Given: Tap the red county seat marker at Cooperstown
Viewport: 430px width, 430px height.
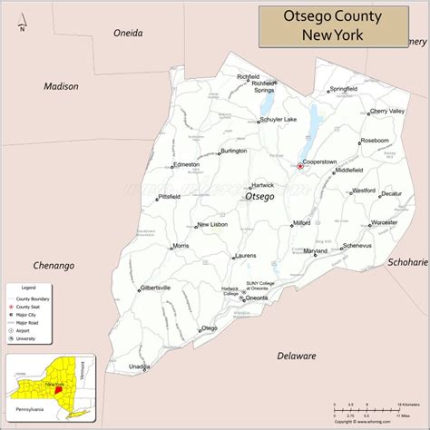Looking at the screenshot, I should [300, 166].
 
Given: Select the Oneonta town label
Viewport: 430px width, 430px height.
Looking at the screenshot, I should [257, 298].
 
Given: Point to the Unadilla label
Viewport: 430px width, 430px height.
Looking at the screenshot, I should [139, 392].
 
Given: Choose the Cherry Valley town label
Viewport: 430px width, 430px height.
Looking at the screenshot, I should [386, 111].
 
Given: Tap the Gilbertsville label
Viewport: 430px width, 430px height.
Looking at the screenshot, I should [155, 288].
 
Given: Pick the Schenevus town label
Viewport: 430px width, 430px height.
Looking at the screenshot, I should [357, 246].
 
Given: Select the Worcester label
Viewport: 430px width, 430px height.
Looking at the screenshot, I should [384, 221].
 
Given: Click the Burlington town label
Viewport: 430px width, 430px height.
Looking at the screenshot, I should [233, 151].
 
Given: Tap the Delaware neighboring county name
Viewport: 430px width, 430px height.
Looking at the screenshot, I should [297, 356].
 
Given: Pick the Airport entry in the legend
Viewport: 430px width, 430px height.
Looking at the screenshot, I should [23, 331].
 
